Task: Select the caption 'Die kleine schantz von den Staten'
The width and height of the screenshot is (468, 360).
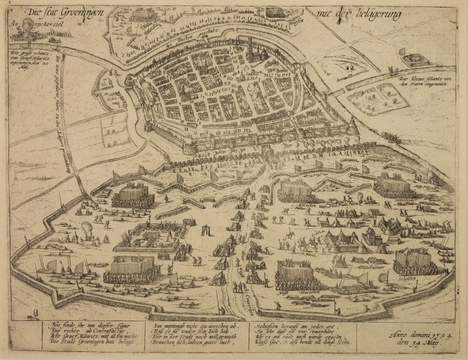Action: pos(425,81)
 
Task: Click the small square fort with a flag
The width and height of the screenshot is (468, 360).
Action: pos(415,59)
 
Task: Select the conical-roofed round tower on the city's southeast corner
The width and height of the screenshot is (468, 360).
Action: pos(352,125)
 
